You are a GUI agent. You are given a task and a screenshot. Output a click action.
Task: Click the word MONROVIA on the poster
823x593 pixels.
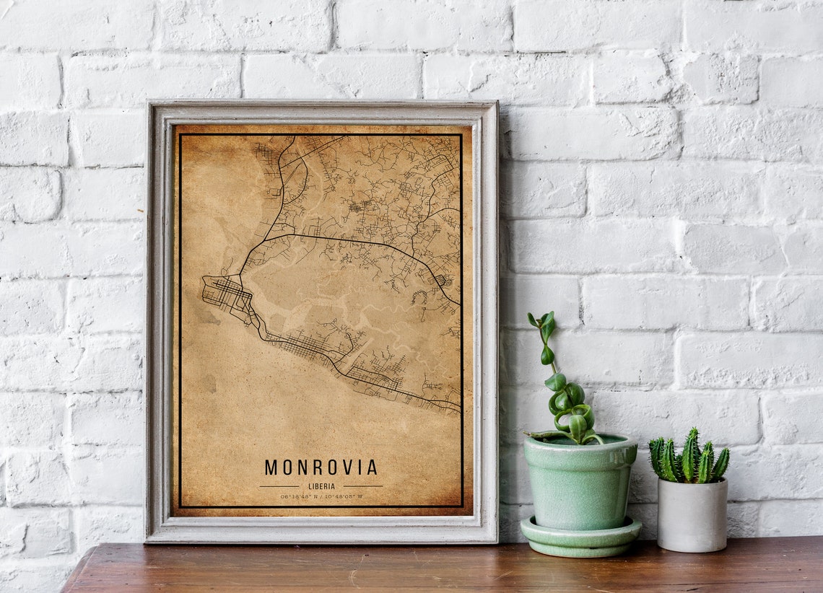click(x=321, y=467)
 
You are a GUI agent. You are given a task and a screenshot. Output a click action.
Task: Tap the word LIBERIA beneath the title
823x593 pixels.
click(x=321, y=486)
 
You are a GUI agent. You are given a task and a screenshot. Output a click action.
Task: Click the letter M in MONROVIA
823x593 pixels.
click(x=271, y=467)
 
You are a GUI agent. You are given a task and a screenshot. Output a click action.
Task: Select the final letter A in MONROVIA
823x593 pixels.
click(x=372, y=467)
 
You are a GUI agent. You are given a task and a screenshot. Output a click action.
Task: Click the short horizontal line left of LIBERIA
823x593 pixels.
click(x=279, y=486)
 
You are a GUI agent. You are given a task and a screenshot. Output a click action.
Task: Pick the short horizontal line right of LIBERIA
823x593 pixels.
click(x=362, y=486)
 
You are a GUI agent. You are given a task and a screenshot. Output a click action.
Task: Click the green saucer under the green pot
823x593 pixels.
click(x=580, y=537)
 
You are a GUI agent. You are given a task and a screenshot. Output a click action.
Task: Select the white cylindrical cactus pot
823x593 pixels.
click(x=692, y=515)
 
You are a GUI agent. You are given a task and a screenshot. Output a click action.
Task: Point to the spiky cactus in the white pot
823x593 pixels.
click(x=688, y=458)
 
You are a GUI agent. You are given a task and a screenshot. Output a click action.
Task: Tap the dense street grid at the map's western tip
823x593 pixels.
click(x=225, y=292)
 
